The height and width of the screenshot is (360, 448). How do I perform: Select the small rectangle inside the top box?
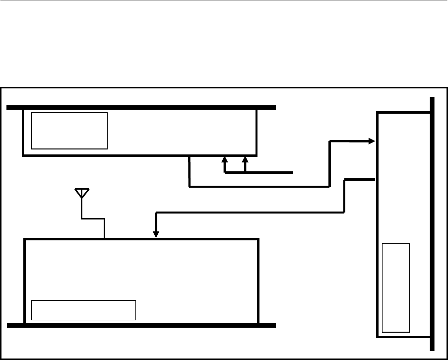69,131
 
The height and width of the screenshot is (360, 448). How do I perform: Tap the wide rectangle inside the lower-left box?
83,310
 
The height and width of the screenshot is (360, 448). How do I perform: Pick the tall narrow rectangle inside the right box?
396,288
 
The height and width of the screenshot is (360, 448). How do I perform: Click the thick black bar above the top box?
141,107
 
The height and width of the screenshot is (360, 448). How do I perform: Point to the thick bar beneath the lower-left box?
141,326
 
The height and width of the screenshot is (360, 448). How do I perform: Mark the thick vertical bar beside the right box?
433,223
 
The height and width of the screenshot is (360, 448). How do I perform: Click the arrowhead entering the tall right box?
372,141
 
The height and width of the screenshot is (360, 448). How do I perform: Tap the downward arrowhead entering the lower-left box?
156,234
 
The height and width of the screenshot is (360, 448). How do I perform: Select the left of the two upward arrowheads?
224,160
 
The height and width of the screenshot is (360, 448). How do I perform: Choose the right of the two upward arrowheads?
245,160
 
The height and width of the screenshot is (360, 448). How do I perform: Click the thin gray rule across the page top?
224,1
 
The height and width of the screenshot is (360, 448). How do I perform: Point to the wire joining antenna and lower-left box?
93,217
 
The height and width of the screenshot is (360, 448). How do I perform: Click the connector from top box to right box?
258,187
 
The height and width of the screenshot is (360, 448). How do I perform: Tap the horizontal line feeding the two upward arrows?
268,173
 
